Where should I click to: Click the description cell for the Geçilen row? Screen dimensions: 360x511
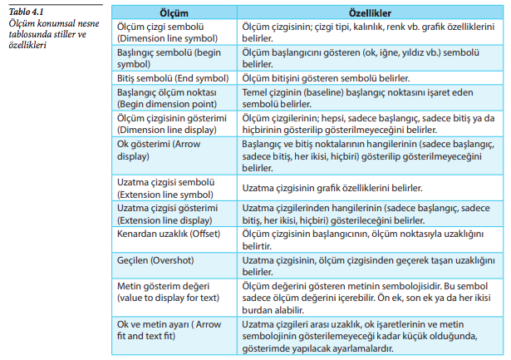pos(366,267)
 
